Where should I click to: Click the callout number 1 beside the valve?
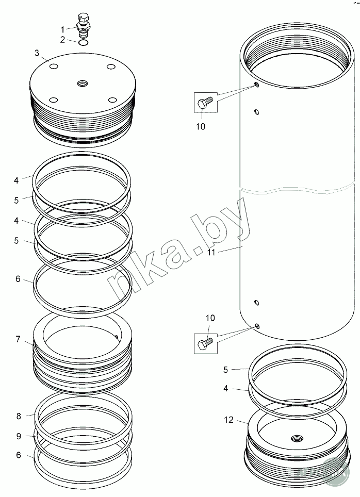(63, 29)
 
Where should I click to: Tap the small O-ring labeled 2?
(83, 42)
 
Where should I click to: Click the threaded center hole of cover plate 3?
(83, 84)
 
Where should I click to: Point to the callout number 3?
(37, 53)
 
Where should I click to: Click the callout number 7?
(18, 339)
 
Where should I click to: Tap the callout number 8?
(19, 416)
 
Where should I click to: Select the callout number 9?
(19, 436)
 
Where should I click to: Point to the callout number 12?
(228, 420)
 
